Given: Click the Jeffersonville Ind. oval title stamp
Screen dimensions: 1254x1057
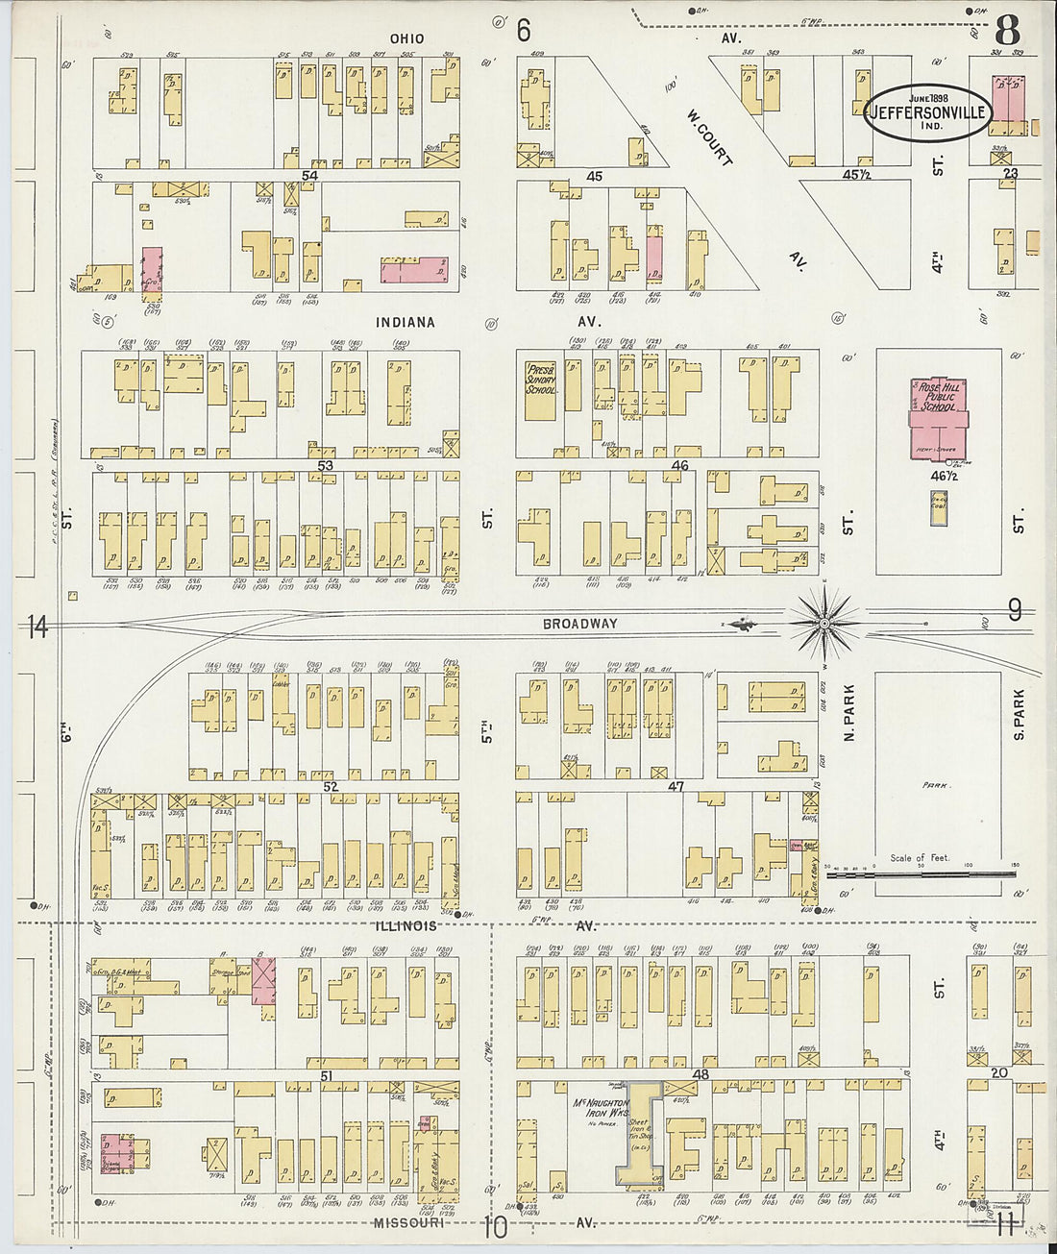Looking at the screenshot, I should (x=927, y=113).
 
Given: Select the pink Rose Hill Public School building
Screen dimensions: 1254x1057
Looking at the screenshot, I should (x=939, y=420).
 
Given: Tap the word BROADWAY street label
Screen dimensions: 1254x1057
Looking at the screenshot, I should (x=579, y=624).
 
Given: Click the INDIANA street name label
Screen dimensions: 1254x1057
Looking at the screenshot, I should (x=405, y=323).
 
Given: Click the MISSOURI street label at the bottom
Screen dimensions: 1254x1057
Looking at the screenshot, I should (x=408, y=1223).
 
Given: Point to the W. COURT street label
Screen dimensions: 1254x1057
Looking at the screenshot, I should (x=710, y=136).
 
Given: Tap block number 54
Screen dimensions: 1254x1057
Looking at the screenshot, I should (x=308, y=176).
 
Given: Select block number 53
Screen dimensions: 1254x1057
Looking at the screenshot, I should (x=326, y=466).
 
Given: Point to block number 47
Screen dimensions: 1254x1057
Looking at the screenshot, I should (x=676, y=787).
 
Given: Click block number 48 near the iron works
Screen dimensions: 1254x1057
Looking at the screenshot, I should (x=701, y=1074).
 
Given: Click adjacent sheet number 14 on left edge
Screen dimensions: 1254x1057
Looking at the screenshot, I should (x=37, y=627).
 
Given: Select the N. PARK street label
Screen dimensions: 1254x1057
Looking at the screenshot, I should (x=849, y=711).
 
